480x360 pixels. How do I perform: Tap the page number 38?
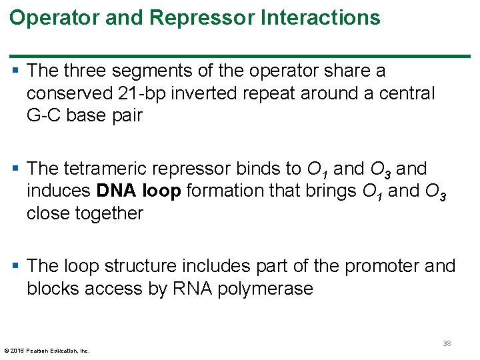446,344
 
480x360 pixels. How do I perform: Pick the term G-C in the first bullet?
43,115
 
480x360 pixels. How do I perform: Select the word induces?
59,191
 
